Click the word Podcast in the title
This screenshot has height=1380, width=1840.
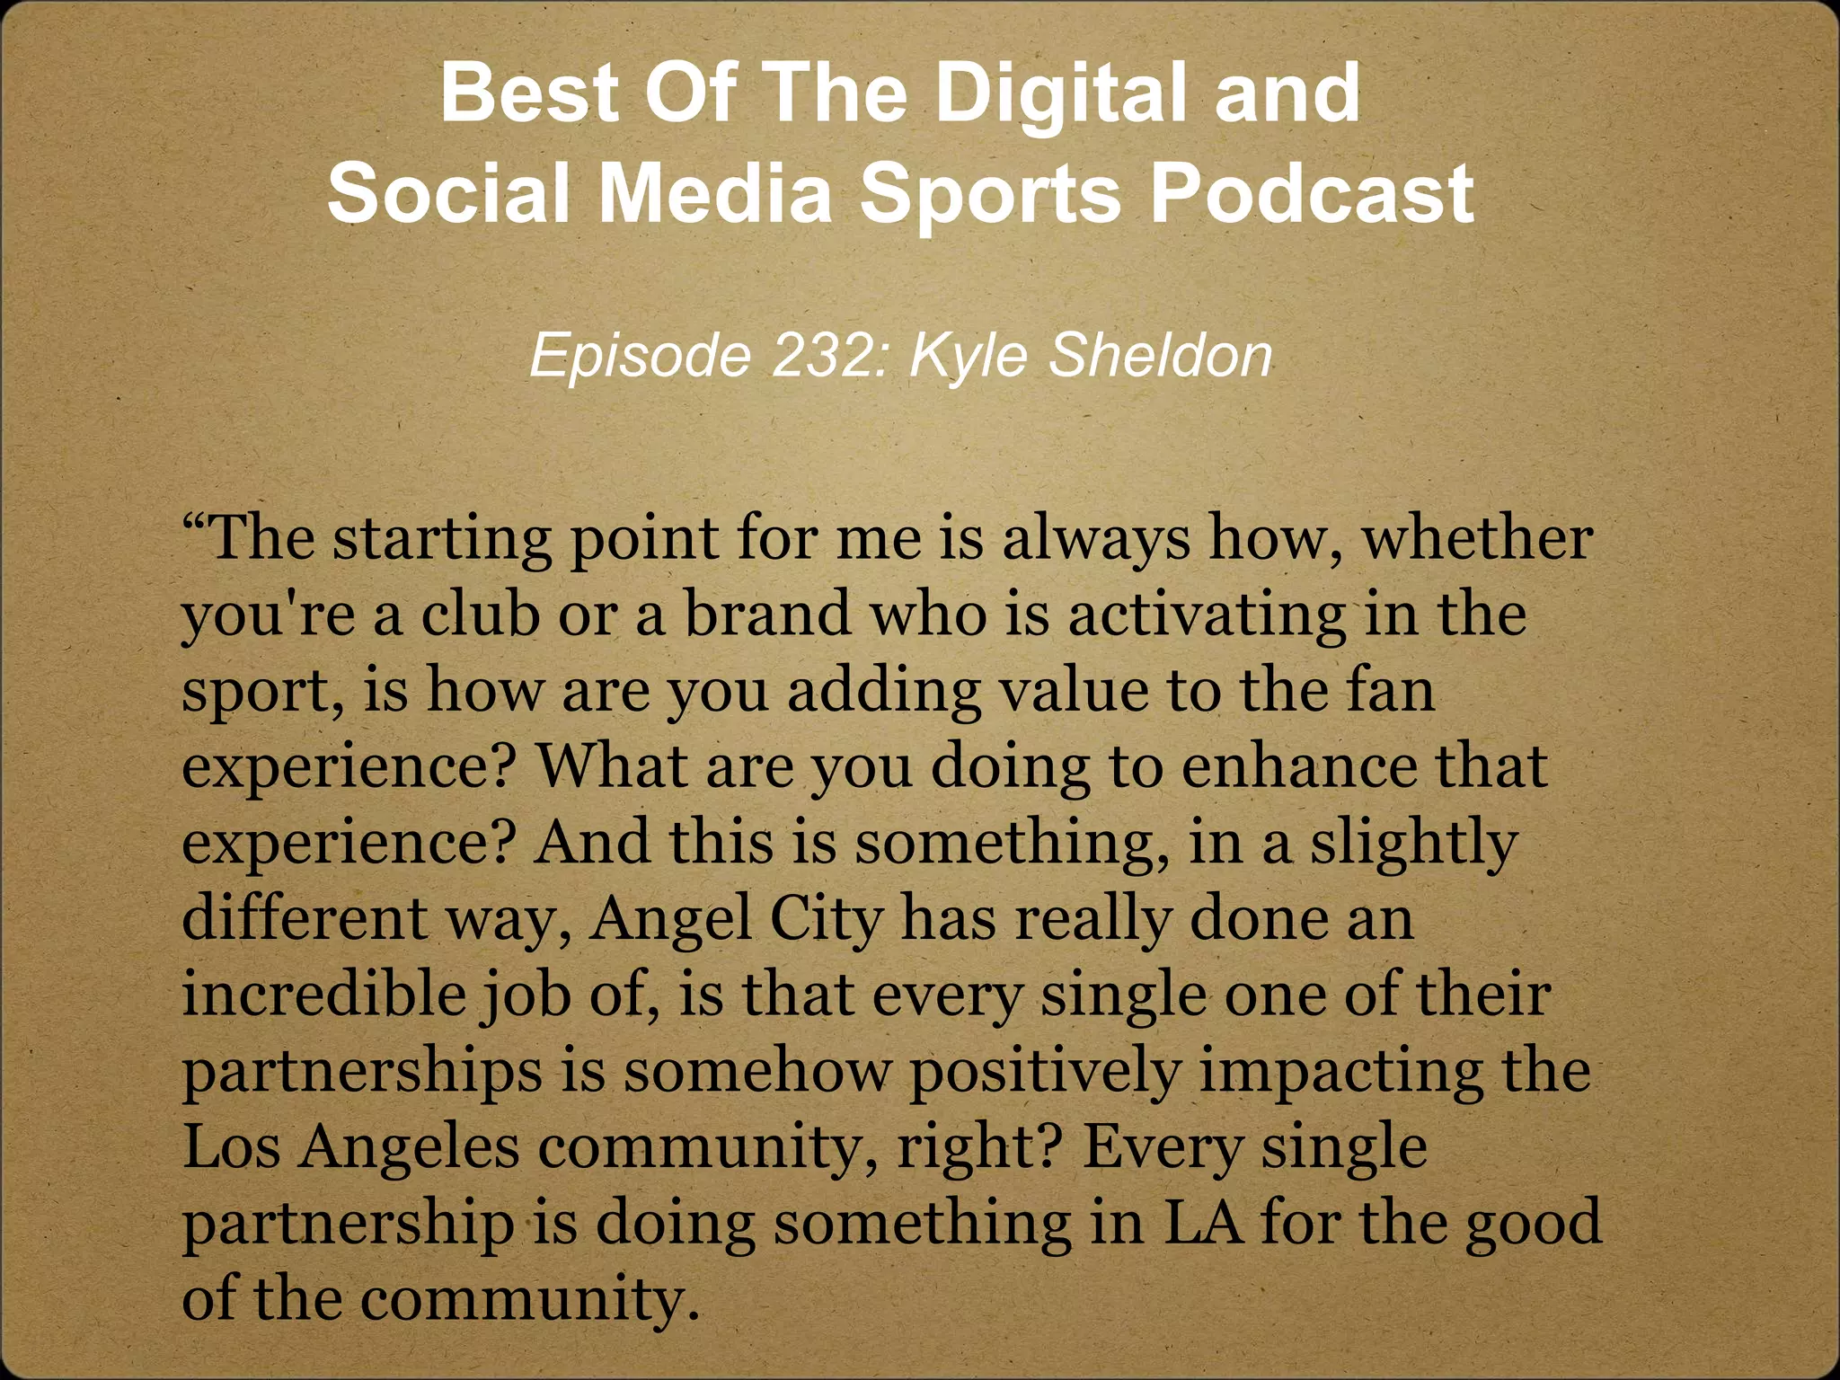(1313, 193)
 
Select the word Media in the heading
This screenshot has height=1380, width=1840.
(716, 193)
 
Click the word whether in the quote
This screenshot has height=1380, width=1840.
(1478, 539)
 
